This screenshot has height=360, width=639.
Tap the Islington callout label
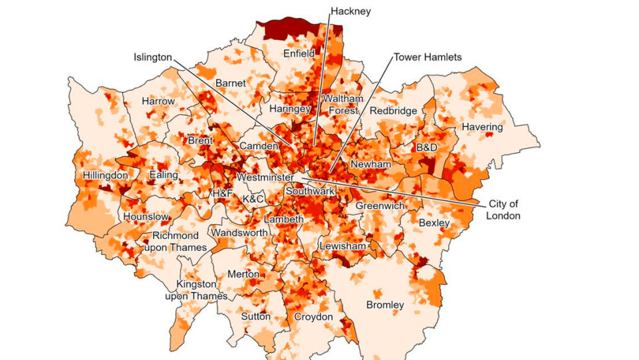click(x=152, y=57)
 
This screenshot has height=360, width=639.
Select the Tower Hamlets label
click(x=428, y=57)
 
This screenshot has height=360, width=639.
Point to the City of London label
click(x=503, y=210)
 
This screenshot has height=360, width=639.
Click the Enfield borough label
click(x=299, y=53)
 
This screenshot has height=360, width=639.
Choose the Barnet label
click(x=230, y=83)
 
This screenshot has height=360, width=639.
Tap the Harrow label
click(x=158, y=101)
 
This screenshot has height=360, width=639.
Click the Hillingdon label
click(x=105, y=175)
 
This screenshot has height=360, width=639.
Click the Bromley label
click(x=385, y=305)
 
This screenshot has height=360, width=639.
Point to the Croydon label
click(x=313, y=317)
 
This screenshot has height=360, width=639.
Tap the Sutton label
click(x=255, y=317)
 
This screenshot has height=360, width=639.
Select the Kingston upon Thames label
click(x=196, y=290)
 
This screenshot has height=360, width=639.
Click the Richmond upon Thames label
click(x=176, y=242)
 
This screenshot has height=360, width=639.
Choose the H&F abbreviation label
click(x=222, y=194)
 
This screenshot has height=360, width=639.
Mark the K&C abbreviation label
click(x=254, y=199)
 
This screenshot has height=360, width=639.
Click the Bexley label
click(x=434, y=223)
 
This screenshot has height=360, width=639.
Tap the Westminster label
click(x=265, y=178)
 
